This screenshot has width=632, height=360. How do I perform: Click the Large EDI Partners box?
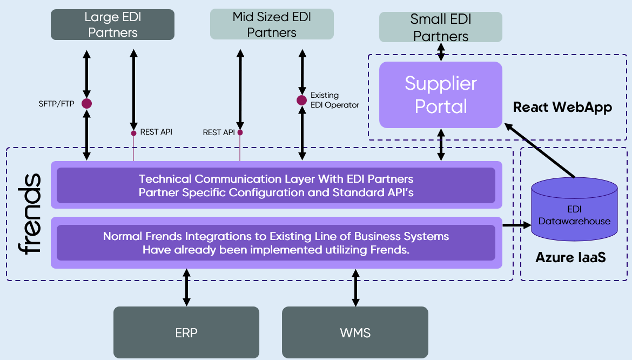point(112,24)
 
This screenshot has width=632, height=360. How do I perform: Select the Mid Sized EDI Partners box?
point(272,24)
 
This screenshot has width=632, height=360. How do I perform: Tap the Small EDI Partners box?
point(441,27)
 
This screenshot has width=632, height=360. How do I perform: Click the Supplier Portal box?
point(441,95)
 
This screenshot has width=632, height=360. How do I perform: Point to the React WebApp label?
point(562,107)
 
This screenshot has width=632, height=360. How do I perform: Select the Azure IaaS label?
point(570,257)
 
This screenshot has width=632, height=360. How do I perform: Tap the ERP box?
point(186,332)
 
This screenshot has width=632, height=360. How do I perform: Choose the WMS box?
point(355,332)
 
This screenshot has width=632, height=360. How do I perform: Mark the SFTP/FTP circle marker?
point(86,103)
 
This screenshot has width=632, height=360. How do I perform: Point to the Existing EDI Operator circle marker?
point(302,100)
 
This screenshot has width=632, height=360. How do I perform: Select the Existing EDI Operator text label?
point(335,100)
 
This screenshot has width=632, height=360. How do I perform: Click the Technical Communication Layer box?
point(276,185)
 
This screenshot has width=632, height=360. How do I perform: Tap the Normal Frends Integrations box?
point(276,242)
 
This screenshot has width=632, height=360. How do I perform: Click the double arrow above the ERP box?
point(186,288)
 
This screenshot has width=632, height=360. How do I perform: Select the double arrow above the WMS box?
point(355,288)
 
